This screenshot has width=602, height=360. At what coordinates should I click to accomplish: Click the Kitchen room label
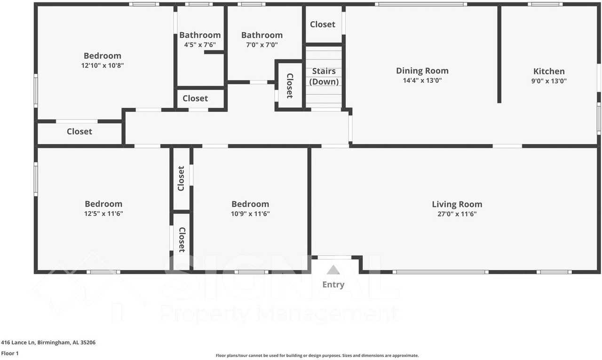coord(549,72)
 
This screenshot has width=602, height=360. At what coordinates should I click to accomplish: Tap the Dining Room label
coord(422,71)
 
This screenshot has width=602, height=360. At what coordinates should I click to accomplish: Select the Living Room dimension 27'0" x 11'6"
coord(457,214)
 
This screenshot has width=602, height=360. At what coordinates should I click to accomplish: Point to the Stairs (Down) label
coord(324,76)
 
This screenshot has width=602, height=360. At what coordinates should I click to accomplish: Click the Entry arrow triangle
coord(333,270)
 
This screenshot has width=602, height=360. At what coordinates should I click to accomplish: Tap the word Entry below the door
coord(333,284)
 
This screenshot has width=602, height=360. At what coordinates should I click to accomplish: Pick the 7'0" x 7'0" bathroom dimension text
coord(262,45)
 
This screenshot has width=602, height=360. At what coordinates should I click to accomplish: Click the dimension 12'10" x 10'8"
coord(103,66)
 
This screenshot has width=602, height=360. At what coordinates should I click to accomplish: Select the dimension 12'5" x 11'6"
coord(103,214)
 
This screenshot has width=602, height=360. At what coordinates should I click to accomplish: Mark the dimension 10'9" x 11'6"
coord(250,214)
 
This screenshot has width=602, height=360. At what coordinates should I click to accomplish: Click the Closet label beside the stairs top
coord(323,24)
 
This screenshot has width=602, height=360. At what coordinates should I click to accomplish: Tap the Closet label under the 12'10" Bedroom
coord(79,132)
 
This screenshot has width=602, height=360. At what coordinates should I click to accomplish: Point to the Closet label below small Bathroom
coord(195,98)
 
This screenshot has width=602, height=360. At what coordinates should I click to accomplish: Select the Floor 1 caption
coord(9,353)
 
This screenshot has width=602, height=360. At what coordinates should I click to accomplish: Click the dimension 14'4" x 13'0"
coord(422,80)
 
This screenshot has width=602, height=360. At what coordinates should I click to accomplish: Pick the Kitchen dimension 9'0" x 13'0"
coord(549,80)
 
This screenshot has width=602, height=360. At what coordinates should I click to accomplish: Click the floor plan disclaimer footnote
coord(317,356)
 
